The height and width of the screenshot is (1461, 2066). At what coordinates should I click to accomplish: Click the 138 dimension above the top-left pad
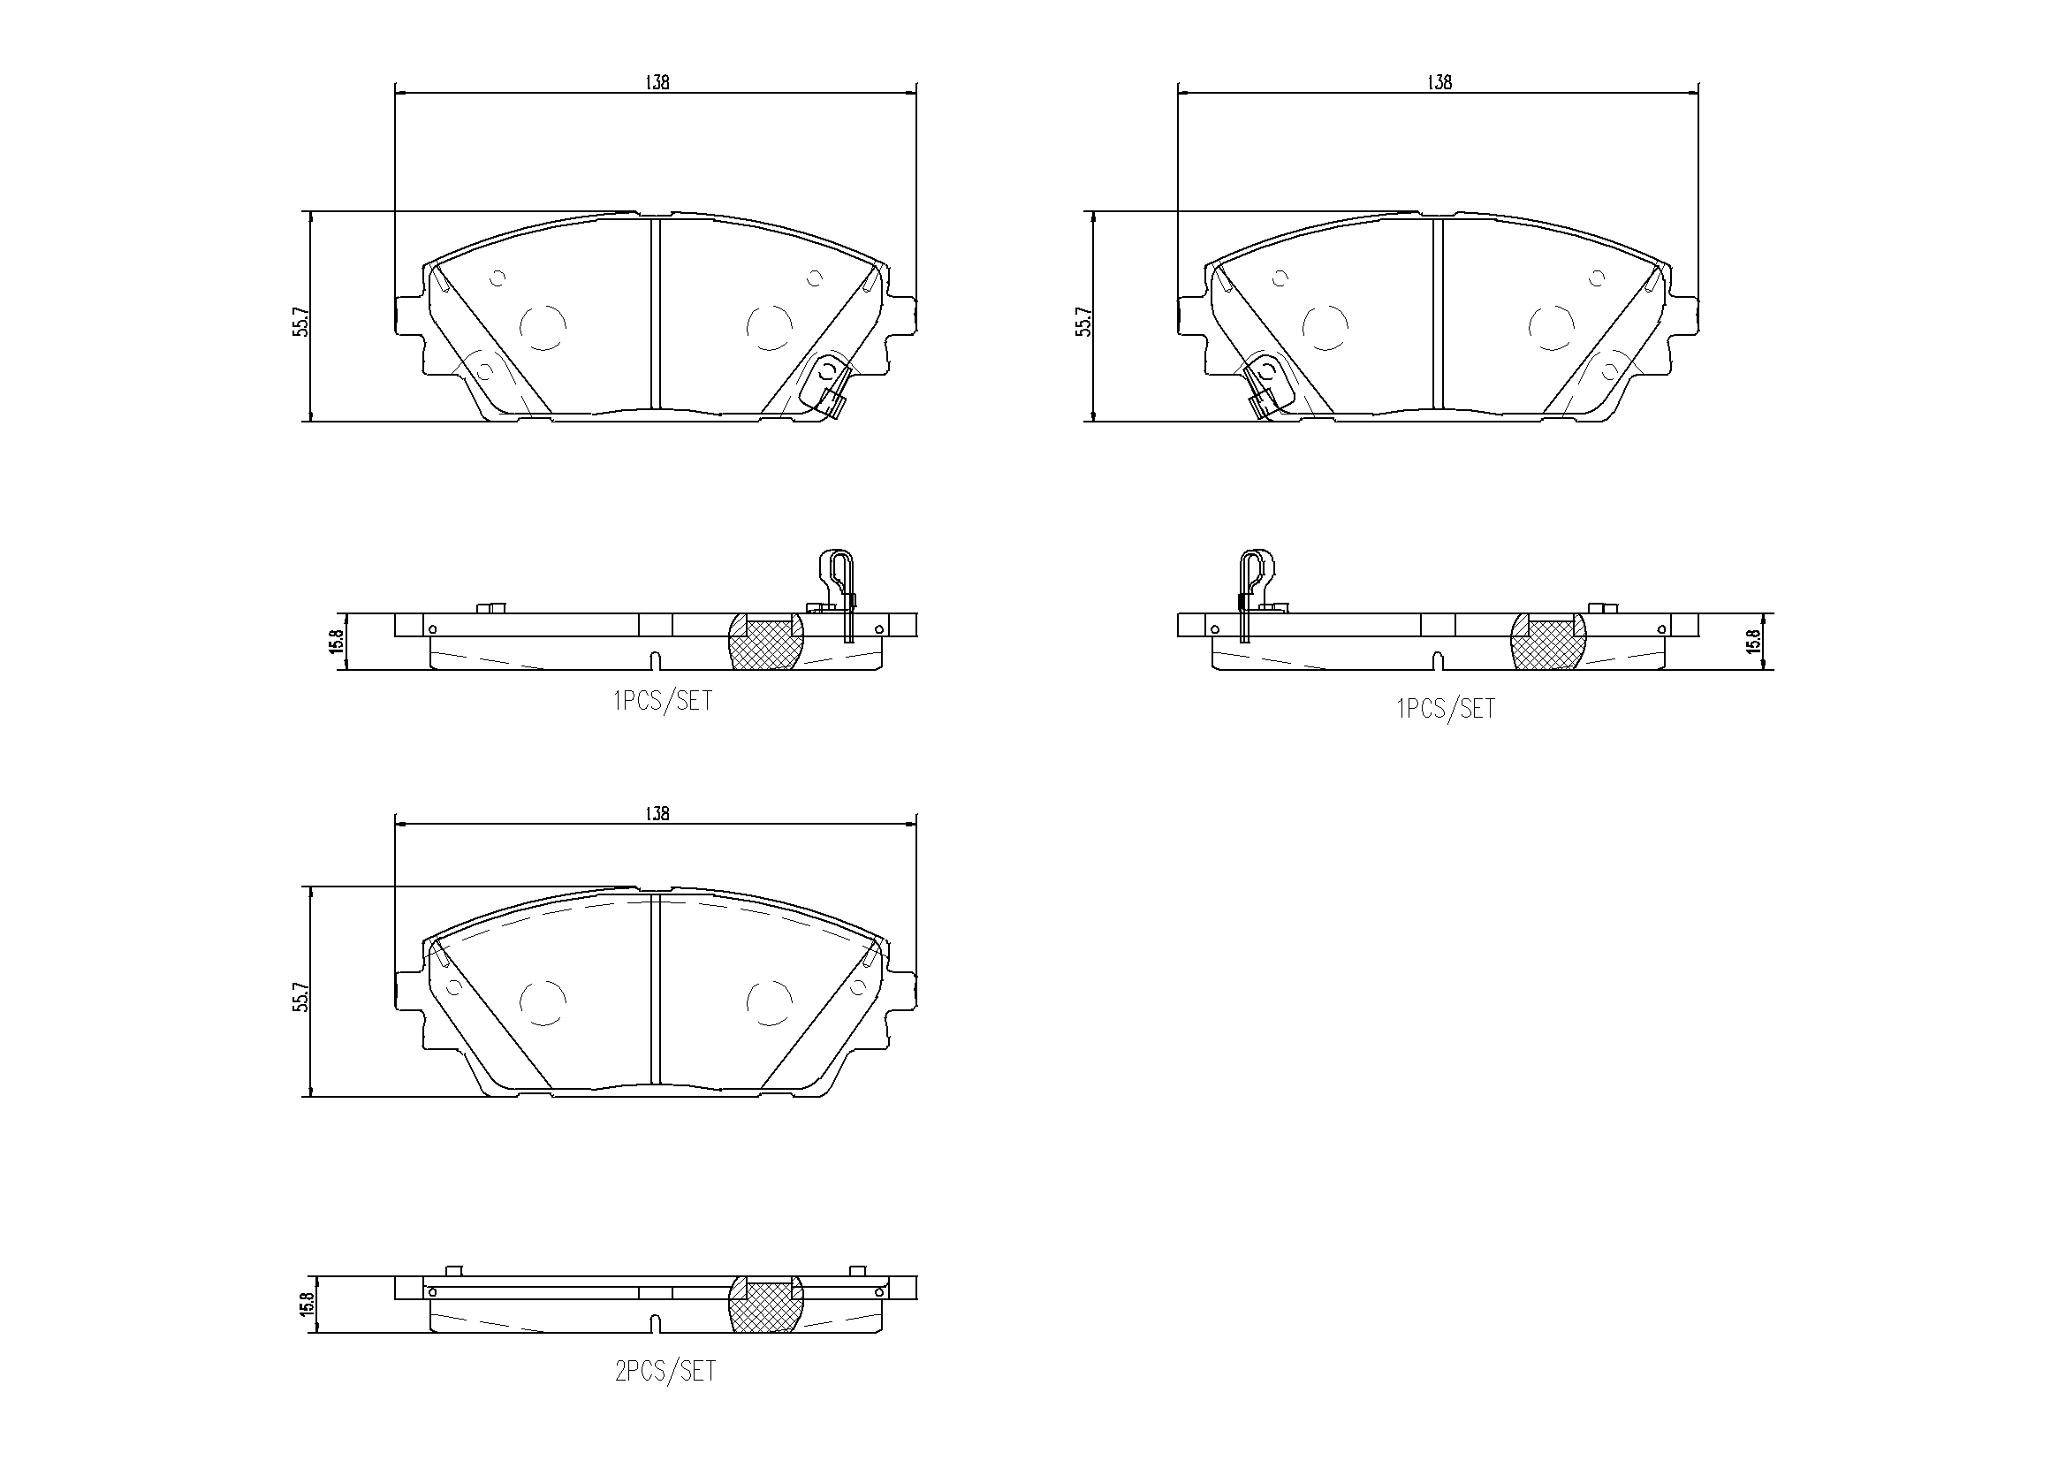pos(657,82)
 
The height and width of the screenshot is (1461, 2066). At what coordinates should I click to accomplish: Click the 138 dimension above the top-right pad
pos(1439,82)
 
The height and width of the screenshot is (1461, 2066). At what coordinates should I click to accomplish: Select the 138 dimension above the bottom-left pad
pos(657,813)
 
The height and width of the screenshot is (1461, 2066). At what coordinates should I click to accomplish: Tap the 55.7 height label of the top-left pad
pos(301,322)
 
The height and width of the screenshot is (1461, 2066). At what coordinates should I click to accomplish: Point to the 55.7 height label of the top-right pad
pos(1084,322)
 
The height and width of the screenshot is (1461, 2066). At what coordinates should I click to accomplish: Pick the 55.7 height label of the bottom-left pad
pos(301,997)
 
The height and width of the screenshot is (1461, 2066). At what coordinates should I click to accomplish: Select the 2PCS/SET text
pos(665,1371)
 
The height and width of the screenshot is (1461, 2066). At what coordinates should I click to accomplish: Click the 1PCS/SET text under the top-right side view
pos(1446,710)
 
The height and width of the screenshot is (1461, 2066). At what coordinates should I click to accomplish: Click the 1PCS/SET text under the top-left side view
pos(663,701)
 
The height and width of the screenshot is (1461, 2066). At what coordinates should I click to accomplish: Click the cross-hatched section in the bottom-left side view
pos(765,1305)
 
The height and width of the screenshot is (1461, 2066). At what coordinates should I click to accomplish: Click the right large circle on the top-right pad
pos(1552,327)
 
